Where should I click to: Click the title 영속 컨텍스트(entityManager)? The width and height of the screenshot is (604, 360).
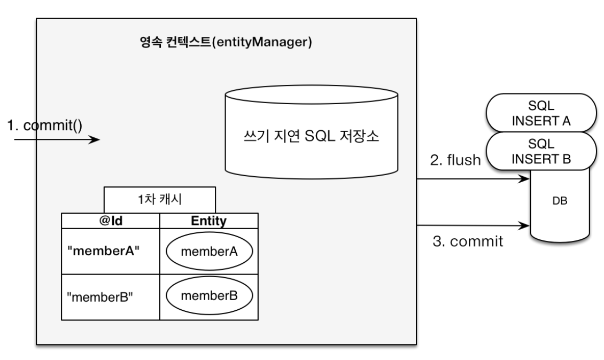coord(222,43)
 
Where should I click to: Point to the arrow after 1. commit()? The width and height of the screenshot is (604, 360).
coord(56,140)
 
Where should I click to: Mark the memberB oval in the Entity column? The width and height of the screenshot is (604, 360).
coord(209,296)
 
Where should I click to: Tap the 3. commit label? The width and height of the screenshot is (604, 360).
coord(467,241)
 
